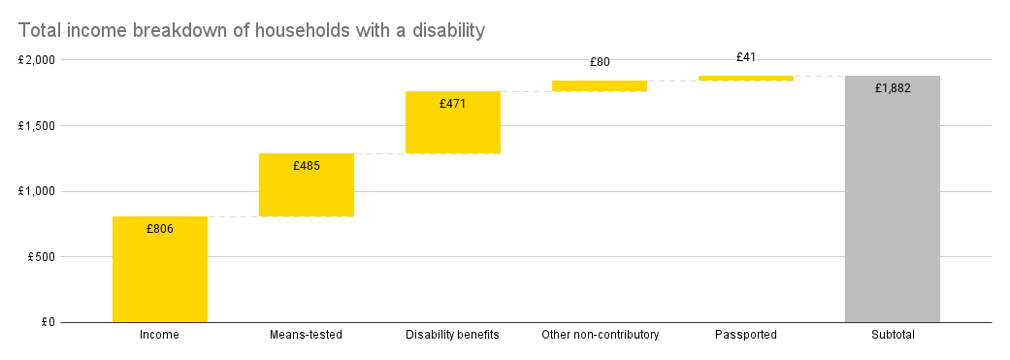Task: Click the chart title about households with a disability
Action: point(250,31)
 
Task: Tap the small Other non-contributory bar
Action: point(600,86)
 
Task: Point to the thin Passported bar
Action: point(746,79)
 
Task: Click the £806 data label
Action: point(160,229)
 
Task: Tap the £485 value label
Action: point(307,166)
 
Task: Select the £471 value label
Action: point(453,103)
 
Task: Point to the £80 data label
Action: point(600,62)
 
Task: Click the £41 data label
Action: point(746,57)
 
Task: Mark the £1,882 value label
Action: point(893,88)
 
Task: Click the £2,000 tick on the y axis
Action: point(37,60)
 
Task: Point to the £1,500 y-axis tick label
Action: point(37,126)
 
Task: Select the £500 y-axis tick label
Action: point(41,257)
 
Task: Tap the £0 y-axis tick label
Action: point(47,322)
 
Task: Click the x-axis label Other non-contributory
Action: point(600,336)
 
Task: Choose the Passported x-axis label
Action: point(746,336)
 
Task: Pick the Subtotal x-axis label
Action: point(893,336)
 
